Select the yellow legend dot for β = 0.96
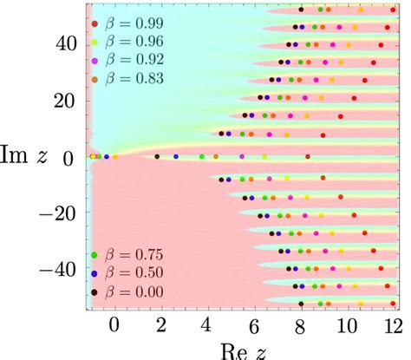pyautogui.click(x=95, y=42)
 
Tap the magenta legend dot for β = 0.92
pyautogui.click(x=95, y=61)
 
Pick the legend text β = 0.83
pyautogui.click(x=135, y=80)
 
